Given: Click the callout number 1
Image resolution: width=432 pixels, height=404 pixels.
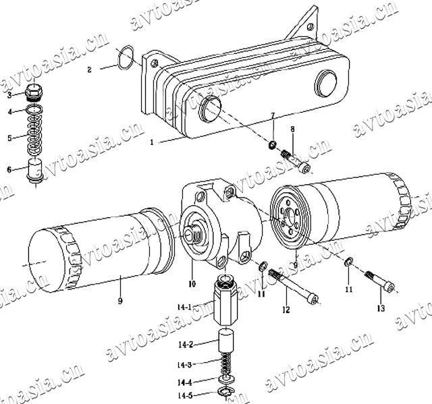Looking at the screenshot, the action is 151,142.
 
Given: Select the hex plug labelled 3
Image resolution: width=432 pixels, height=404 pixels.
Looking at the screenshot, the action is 34,92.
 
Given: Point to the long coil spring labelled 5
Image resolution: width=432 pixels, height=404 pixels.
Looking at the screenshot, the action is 34,134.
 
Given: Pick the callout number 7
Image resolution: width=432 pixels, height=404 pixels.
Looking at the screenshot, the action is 273,116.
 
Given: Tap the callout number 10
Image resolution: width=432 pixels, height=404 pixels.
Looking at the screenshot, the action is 192,284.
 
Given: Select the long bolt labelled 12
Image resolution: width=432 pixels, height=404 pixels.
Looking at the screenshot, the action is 292,286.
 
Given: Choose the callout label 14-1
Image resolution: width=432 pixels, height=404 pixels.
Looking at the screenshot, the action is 184,307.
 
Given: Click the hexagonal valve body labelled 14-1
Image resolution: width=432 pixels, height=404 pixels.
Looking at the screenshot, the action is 225,301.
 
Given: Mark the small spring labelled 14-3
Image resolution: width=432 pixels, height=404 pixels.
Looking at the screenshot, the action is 226,364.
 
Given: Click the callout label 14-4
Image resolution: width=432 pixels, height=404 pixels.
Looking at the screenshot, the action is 184,383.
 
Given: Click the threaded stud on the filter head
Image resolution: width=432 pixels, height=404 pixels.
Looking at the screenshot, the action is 194,233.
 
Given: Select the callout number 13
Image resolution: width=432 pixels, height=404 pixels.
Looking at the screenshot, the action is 381,308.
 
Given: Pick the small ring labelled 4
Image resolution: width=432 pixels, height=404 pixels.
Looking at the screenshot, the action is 34,110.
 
